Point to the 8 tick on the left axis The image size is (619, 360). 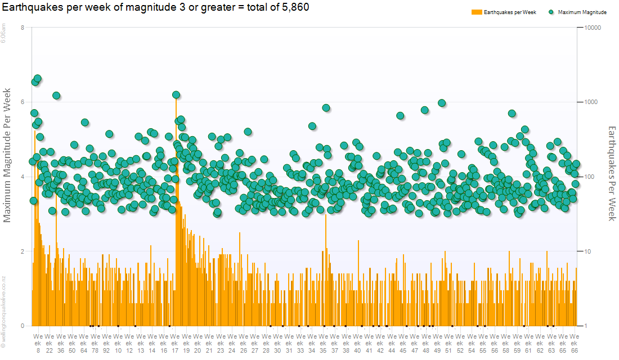tap(22, 28)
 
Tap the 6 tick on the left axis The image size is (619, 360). tap(22, 102)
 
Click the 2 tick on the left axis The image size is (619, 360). tap(22, 251)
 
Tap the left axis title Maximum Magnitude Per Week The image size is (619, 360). tap(8, 155)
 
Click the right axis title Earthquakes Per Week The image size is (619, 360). tap(612, 173)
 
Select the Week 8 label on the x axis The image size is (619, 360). tap(38, 343)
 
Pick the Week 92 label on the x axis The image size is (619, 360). tap(106, 343)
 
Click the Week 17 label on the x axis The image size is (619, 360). tap(174, 343)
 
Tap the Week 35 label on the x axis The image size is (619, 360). tap(323, 343)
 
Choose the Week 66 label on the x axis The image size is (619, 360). tap(575, 343)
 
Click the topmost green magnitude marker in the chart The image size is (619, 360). tap(38, 79)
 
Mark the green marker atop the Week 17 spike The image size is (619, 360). tap(176, 95)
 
